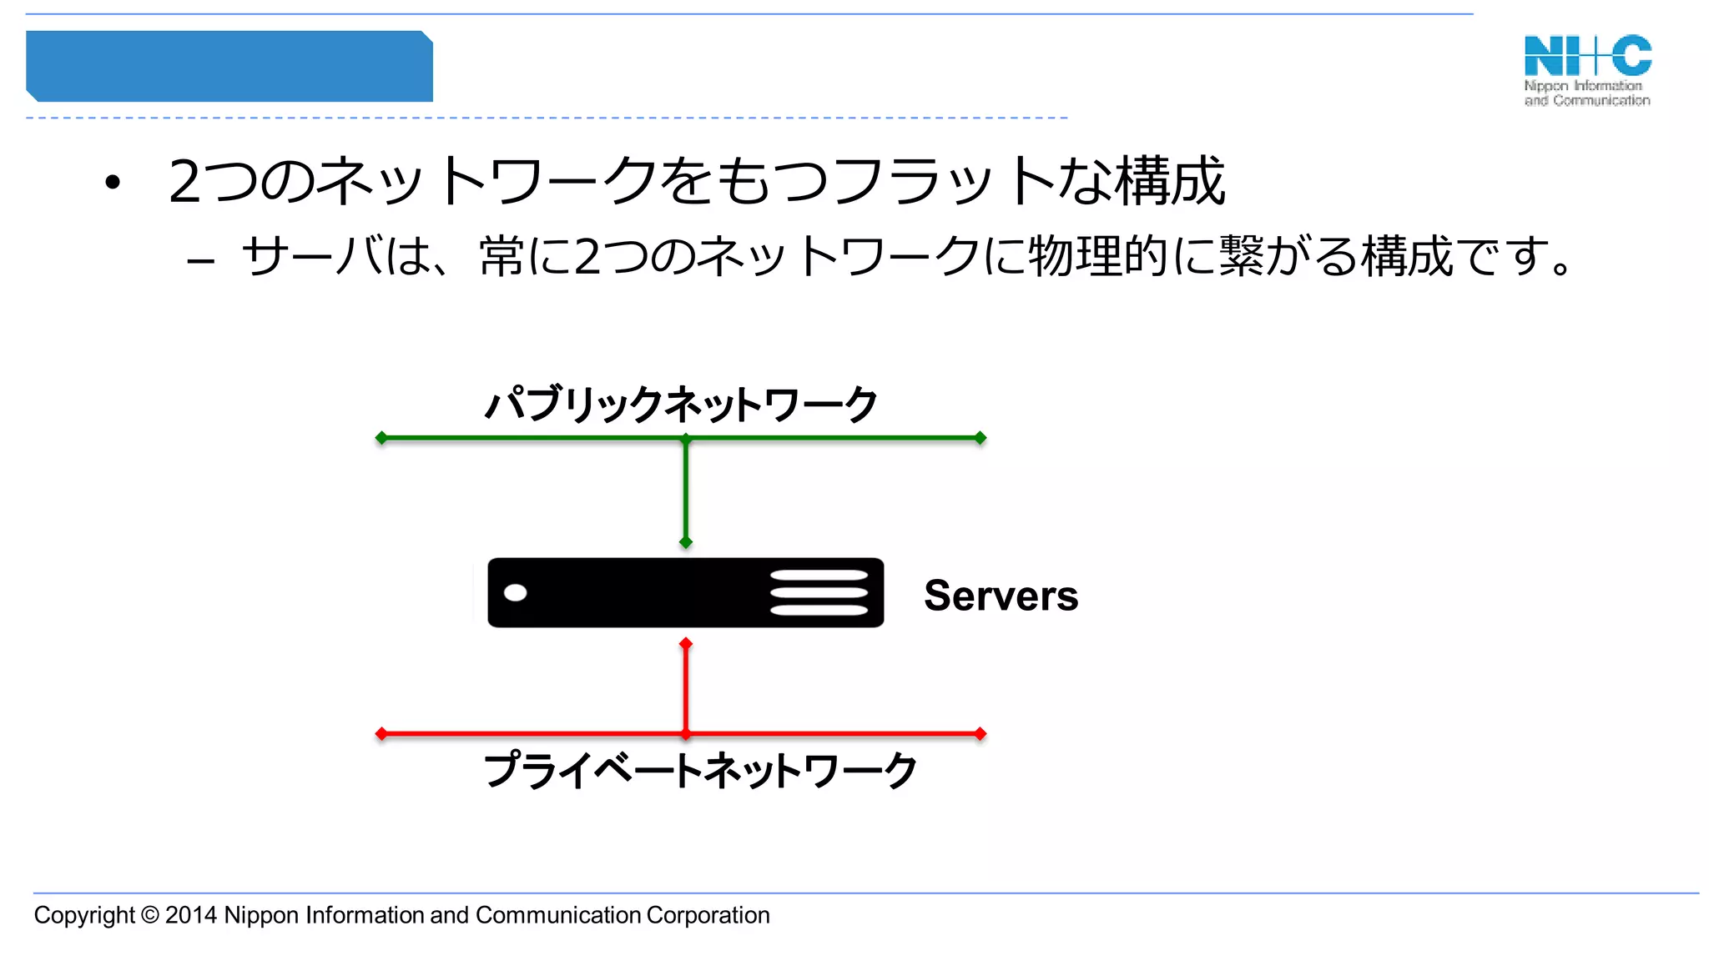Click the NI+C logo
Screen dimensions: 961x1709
[1587, 70]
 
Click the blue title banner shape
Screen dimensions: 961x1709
[229, 67]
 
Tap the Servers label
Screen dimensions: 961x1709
[1001, 596]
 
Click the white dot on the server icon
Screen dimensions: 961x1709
[516, 592]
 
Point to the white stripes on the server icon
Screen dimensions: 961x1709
[819, 592]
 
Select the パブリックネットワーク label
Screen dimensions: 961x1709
[681, 405]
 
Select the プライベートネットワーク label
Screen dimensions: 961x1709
[700, 770]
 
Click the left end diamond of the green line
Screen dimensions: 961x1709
[381, 438]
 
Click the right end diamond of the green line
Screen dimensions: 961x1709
[981, 438]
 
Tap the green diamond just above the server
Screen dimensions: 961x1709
[686, 542]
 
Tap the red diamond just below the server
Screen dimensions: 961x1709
[686, 644]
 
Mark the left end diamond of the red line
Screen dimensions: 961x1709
[381, 734]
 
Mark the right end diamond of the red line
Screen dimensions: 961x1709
[981, 734]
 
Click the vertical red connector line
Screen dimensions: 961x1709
[686, 689]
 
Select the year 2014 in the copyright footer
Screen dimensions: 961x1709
[191, 915]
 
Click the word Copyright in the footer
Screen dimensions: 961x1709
[83, 915]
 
